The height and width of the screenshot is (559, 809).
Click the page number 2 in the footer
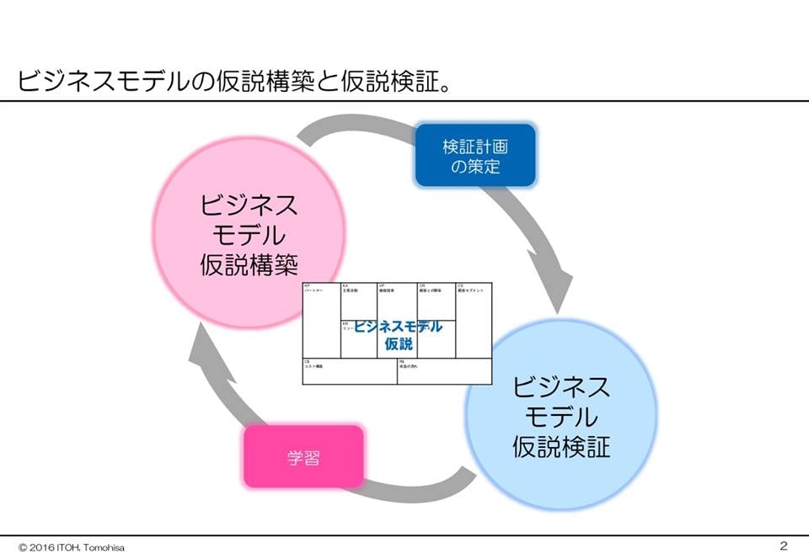coord(783,546)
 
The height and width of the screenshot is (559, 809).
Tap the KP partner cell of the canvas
coord(321,320)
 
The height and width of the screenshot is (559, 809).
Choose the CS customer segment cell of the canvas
coord(474,320)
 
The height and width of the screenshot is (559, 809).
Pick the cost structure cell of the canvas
coord(349,371)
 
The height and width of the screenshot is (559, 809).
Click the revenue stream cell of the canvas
coord(444,371)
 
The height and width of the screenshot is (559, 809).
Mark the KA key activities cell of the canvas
coord(358,300)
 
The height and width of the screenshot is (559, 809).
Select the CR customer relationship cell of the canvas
coord(437,300)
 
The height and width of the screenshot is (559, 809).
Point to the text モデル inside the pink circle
coord(249,236)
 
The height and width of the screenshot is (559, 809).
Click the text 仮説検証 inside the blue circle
coord(561,445)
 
